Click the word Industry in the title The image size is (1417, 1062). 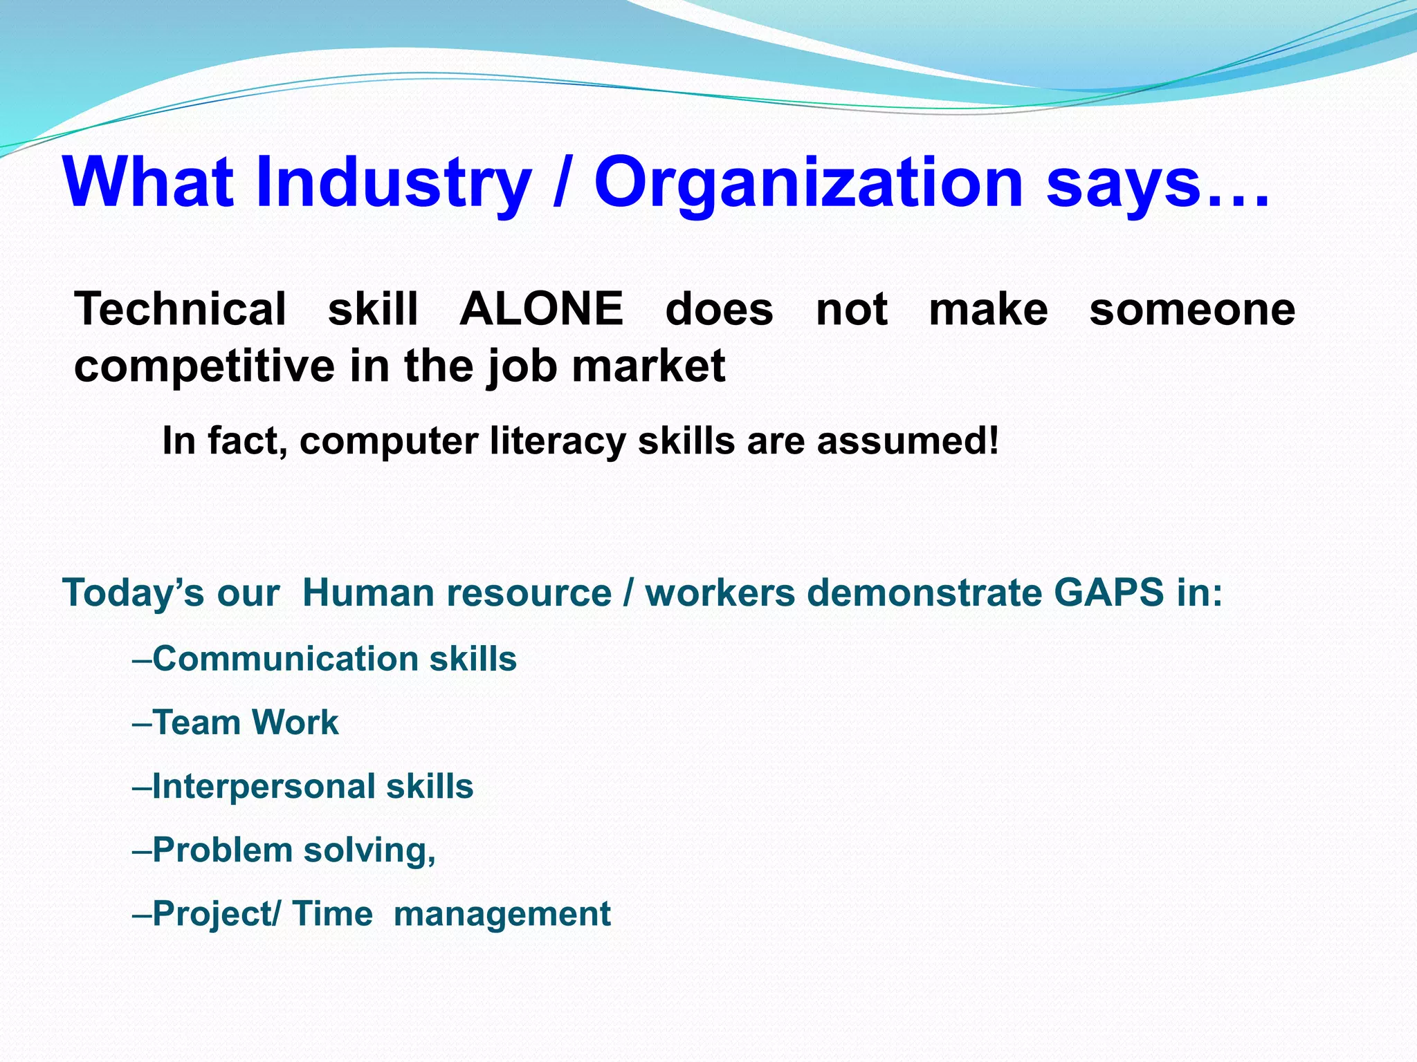pyautogui.click(x=393, y=183)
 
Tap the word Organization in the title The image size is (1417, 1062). pyautogui.click(x=808, y=183)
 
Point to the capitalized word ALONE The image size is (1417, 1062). pyautogui.click(x=541, y=309)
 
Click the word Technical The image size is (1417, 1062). pyautogui.click(x=180, y=309)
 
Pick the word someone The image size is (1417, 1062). pyautogui.click(x=1191, y=309)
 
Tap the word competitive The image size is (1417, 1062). pyautogui.click(x=204, y=366)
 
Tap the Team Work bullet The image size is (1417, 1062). pyautogui.click(x=245, y=723)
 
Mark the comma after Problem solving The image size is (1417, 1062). pyautogui.click(x=432, y=859)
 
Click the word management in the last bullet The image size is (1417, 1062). pyautogui.click(x=502, y=914)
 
